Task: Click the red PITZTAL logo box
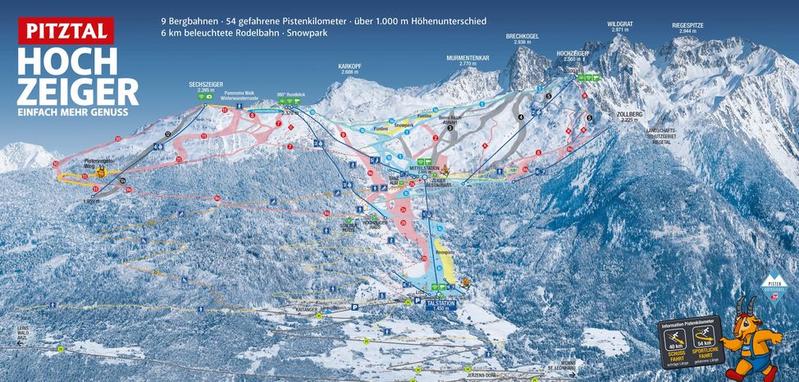point(66,30)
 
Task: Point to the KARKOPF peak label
point(349,68)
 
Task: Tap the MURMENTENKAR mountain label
point(468,60)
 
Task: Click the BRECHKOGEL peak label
point(521,39)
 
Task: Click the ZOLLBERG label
point(629,117)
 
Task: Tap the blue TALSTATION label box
point(440,302)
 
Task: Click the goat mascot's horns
point(746,306)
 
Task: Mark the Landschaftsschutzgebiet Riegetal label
point(646,134)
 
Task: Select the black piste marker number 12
point(167,134)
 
